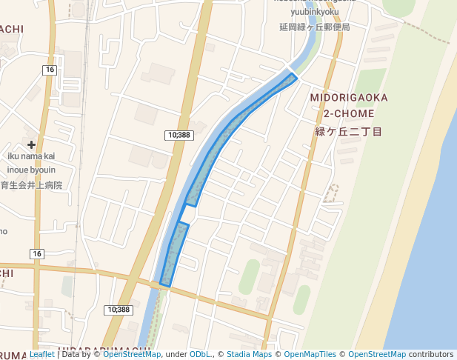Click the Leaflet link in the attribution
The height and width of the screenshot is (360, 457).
click(x=41, y=354)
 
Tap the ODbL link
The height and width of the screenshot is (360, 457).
click(x=199, y=354)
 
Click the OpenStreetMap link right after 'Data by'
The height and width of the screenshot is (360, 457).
click(x=131, y=354)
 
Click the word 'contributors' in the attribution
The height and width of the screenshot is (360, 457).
click(x=430, y=354)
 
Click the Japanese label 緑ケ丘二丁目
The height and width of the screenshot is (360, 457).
click(x=348, y=131)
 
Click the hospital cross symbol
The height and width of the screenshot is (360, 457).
click(x=31, y=144)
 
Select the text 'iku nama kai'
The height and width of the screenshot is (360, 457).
click(x=31, y=156)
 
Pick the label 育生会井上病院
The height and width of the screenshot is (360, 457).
click(x=31, y=184)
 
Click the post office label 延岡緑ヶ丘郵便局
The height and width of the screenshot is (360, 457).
click(x=314, y=27)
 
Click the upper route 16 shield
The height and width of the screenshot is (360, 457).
click(x=50, y=69)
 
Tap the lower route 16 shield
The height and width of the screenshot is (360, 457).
click(x=37, y=254)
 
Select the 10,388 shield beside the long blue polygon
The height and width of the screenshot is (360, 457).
click(x=179, y=135)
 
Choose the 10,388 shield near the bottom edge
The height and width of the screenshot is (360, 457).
click(x=119, y=310)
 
